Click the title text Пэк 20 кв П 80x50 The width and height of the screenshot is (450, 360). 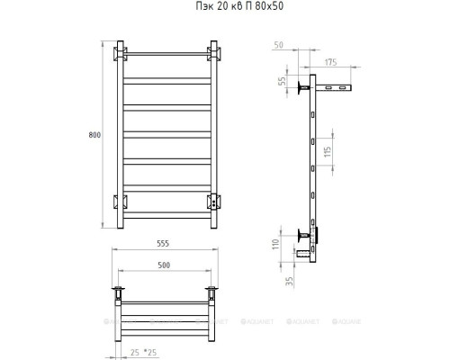tap(239, 6)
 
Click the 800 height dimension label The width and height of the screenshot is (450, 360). tap(94, 135)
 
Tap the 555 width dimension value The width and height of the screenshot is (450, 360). tap(163, 244)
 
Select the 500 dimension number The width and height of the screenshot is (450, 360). tap(164, 265)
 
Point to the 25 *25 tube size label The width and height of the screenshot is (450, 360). tap(144, 353)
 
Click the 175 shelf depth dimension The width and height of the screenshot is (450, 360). tap(330, 62)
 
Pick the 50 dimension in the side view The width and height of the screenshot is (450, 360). tap(278, 45)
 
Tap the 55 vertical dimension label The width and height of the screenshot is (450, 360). tap(283, 81)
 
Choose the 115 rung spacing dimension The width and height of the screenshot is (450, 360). tap(328, 151)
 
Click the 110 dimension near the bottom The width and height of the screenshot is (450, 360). tap(276, 244)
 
